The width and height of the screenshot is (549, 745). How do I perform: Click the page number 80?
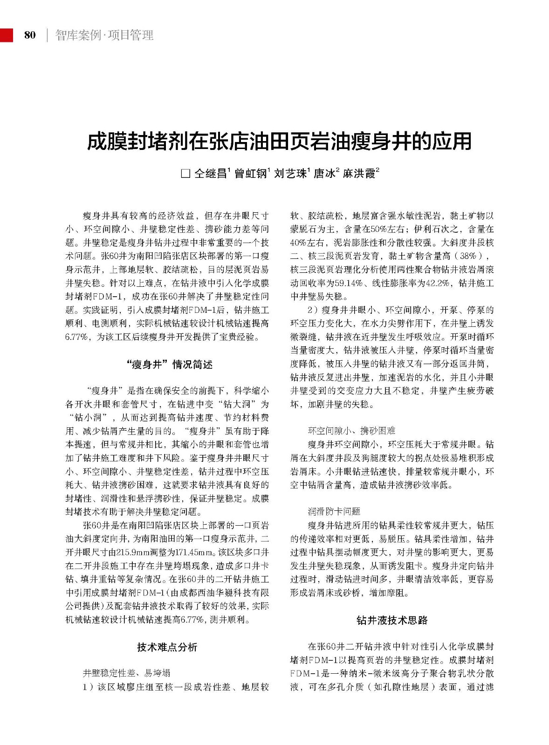coord(30,35)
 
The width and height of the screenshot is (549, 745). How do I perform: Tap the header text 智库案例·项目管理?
coord(104,35)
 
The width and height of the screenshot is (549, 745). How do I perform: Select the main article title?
coord(279,142)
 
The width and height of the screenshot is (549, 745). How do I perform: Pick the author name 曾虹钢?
coord(250,174)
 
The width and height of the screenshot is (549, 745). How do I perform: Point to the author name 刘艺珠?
coord(290,174)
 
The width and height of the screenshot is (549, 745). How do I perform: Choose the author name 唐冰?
coord(324,174)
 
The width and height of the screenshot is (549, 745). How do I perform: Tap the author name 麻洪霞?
coord(359,174)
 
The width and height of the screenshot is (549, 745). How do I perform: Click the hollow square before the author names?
coord(185,174)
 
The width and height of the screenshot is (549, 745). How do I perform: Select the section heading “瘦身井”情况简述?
coord(169,364)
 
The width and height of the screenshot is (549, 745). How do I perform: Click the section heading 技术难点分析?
coord(167,647)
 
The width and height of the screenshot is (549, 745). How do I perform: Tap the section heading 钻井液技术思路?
coord(392,620)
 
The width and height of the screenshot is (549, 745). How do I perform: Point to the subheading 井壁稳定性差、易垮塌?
coord(126,673)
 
